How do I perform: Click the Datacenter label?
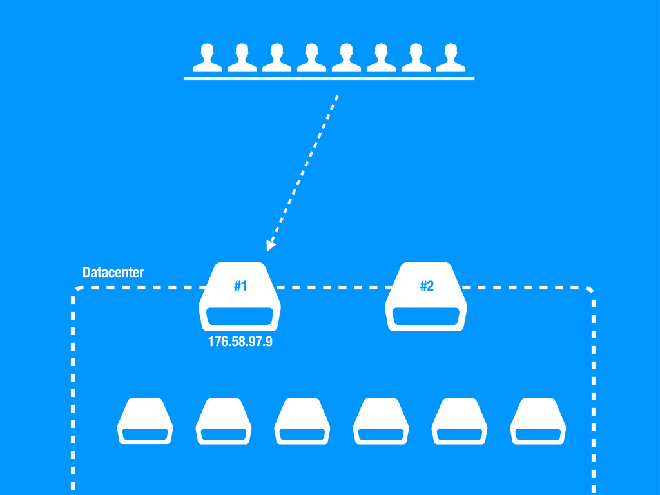point(113,273)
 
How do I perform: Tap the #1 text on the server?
point(240,286)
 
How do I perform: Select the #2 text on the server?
point(426,286)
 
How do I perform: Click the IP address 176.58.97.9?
point(240,342)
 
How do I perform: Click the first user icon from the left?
point(207,58)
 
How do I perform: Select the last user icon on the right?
point(451,58)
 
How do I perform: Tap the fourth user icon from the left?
point(311,58)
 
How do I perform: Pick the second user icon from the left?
point(242,58)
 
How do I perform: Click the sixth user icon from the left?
point(381,58)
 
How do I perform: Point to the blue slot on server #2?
point(425,316)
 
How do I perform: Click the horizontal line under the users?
point(329,78)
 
